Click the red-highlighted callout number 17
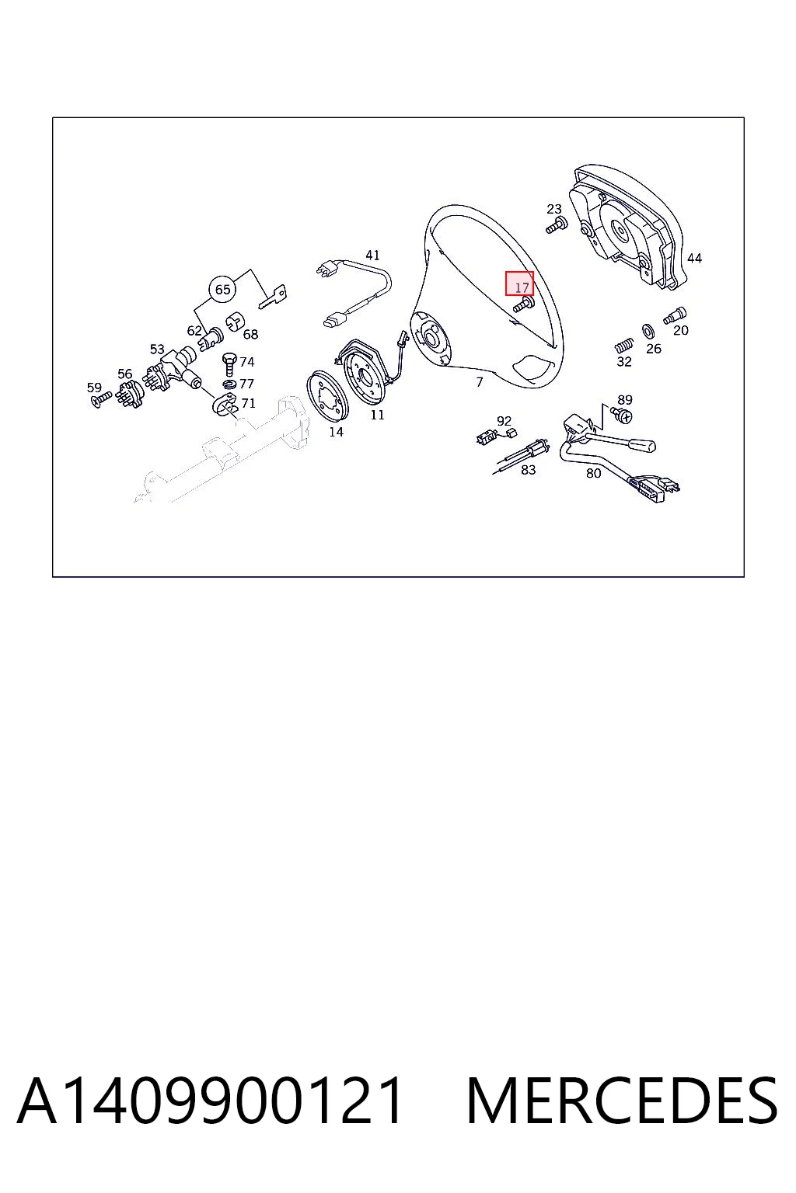pos(522,287)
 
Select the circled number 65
pos(223,289)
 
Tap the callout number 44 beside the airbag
pos(694,259)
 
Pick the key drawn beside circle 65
pos(273,297)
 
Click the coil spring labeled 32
pos(623,346)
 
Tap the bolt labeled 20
pos(675,316)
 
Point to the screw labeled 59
pos(101,399)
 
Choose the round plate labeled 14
pos(326,395)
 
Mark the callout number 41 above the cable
pos(372,255)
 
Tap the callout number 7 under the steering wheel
pos(480,382)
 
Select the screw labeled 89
pos(622,415)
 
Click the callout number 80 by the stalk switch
pos(593,473)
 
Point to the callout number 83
pos(528,470)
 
